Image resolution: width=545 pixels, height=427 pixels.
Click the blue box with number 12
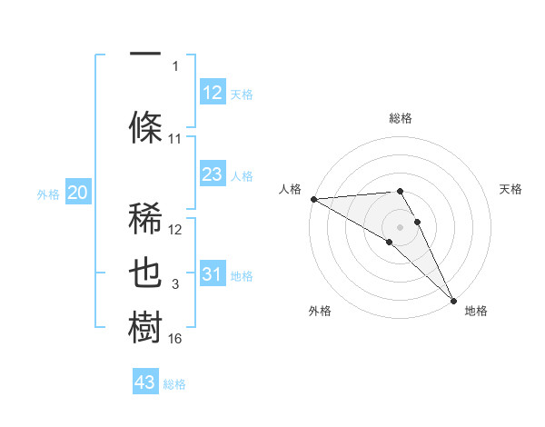pos(213,93)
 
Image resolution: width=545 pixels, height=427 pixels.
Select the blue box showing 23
pos(213,174)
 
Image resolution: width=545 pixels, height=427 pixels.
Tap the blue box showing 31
pos(213,274)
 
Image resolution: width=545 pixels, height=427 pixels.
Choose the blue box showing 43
pos(145,382)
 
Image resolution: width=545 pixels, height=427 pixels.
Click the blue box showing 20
pos(78,193)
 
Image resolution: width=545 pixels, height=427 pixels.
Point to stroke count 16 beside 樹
pos(175,339)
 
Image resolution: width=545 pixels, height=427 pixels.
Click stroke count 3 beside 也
pos(175,285)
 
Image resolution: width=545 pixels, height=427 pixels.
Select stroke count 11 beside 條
pos(175,139)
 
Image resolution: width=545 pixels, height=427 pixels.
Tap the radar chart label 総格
pos(401,118)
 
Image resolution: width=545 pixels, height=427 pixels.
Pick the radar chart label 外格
pos(320,311)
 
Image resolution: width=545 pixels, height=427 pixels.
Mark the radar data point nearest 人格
pos(313,199)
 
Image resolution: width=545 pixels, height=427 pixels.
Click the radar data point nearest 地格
pos(453,300)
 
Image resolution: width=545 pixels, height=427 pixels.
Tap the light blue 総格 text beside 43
pos(174,384)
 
